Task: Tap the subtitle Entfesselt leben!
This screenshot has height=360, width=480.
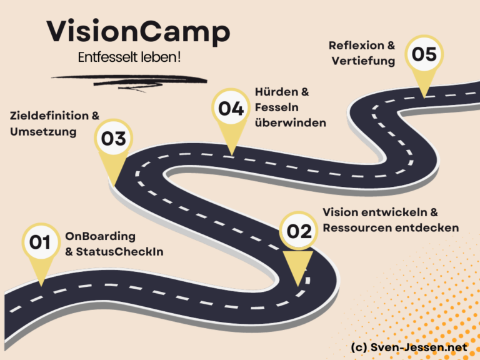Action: point(129,57)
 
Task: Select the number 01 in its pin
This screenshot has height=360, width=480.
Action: point(40,242)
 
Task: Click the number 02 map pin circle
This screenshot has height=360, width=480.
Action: point(299,231)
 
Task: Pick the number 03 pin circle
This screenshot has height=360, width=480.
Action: point(114,138)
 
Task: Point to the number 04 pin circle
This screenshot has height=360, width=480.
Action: point(231,107)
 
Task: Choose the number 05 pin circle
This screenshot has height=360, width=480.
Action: point(424,54)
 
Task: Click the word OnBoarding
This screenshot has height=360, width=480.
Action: point(101,236)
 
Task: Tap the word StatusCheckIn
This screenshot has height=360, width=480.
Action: point(120,252)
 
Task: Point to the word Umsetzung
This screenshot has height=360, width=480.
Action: point(43,132)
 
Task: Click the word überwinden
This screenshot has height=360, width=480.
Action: point(291,122)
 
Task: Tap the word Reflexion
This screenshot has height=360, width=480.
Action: point(356,45)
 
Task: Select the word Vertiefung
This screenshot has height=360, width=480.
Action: point(363,61)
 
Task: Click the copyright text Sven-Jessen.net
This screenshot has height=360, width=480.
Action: point(419,347)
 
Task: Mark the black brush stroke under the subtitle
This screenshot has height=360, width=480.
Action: point(129,81)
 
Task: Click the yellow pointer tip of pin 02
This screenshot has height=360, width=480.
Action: point(298,286)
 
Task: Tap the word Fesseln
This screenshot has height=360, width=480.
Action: point(277,107)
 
